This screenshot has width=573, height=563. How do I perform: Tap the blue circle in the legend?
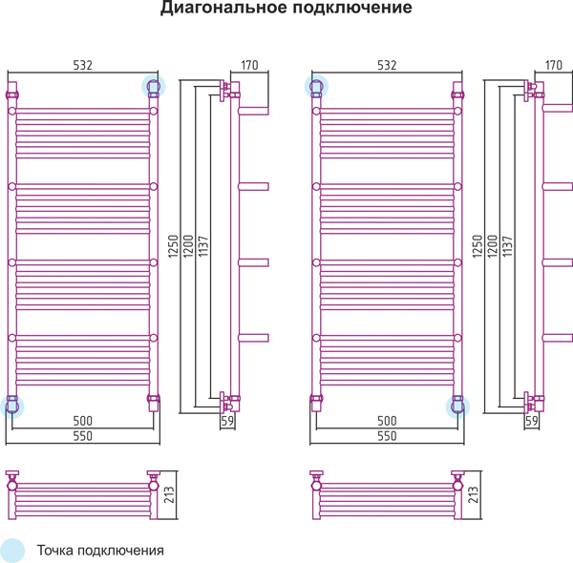12,551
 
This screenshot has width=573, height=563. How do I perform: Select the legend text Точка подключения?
100,551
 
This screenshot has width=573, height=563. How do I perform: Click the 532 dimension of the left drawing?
82,65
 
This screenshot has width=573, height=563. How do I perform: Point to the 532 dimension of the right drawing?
386,65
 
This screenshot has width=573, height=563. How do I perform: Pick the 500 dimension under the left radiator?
82,421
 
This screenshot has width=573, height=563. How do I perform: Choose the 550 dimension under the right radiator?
386,435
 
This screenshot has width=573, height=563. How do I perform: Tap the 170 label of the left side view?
249,65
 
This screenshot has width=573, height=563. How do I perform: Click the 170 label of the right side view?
553,65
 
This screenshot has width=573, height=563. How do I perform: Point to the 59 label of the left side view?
227,420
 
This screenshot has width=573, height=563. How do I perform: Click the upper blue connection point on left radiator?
153,87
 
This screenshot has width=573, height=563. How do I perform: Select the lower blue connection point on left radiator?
12,406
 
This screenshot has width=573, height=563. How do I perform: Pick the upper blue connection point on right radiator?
316,87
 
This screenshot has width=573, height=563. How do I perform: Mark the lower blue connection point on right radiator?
457,406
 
